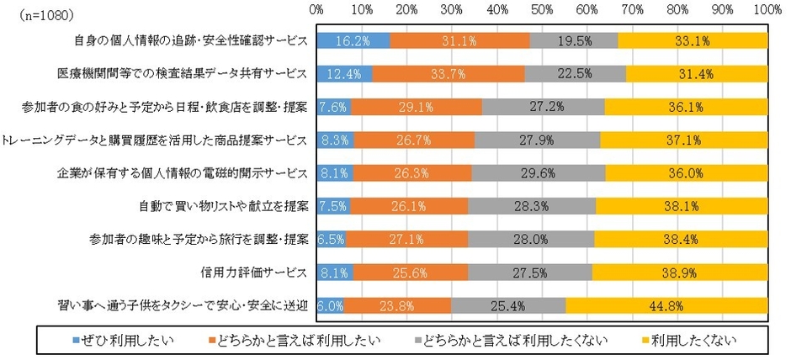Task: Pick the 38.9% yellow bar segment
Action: tap(680, 273)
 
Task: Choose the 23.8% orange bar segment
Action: tap(398, 306)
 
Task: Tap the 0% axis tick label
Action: tap(317, 10)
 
